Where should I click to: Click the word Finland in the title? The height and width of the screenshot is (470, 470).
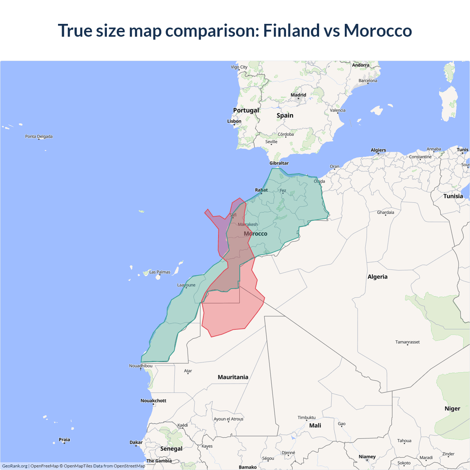click(291, 30)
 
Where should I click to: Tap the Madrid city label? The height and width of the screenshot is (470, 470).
click(298, 95)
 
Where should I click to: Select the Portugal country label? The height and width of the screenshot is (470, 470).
click(246, 110)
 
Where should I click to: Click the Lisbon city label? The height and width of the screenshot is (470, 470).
click(234, 121)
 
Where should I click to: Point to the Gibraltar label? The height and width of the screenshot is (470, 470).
click(279, 163)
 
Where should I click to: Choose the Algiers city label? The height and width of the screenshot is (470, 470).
click(378, 150)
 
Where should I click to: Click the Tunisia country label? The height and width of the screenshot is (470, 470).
click(453, 196)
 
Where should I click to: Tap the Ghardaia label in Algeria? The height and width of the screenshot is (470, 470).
click(386, 212)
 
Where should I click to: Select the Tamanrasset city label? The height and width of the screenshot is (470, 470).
click(407, 342)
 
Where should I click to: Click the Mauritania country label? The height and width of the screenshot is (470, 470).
click(233, 377)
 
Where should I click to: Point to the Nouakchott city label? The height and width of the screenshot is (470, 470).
click(153, 401)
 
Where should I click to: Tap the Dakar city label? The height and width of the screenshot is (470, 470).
click(136, 442)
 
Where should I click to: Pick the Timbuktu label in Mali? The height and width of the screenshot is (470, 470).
click(307, 417)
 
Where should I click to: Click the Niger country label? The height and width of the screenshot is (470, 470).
click(452, 409)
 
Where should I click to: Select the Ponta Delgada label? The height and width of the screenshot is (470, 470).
click(39, 137)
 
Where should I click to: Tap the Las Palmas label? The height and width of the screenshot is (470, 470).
click(160, 272)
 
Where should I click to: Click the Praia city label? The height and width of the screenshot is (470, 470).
click(64, 440)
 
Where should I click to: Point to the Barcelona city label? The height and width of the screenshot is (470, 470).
click(368, 81)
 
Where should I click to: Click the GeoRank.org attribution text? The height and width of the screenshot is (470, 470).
click(15, 466)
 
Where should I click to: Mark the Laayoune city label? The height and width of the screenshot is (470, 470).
click(186, 285)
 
